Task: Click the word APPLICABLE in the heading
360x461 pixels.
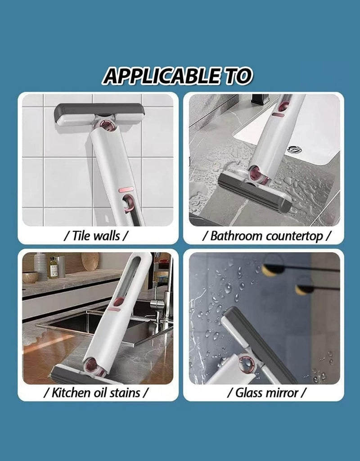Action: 162,76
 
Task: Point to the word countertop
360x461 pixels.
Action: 294,236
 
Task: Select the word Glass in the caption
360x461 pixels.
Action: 248,393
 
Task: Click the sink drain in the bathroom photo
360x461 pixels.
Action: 294,149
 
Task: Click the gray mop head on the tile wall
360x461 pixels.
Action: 99,114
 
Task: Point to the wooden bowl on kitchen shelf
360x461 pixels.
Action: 30,277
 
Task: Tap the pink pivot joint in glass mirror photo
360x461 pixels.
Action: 247,363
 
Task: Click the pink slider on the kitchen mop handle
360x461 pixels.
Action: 114,309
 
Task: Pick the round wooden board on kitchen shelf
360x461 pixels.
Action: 90,261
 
